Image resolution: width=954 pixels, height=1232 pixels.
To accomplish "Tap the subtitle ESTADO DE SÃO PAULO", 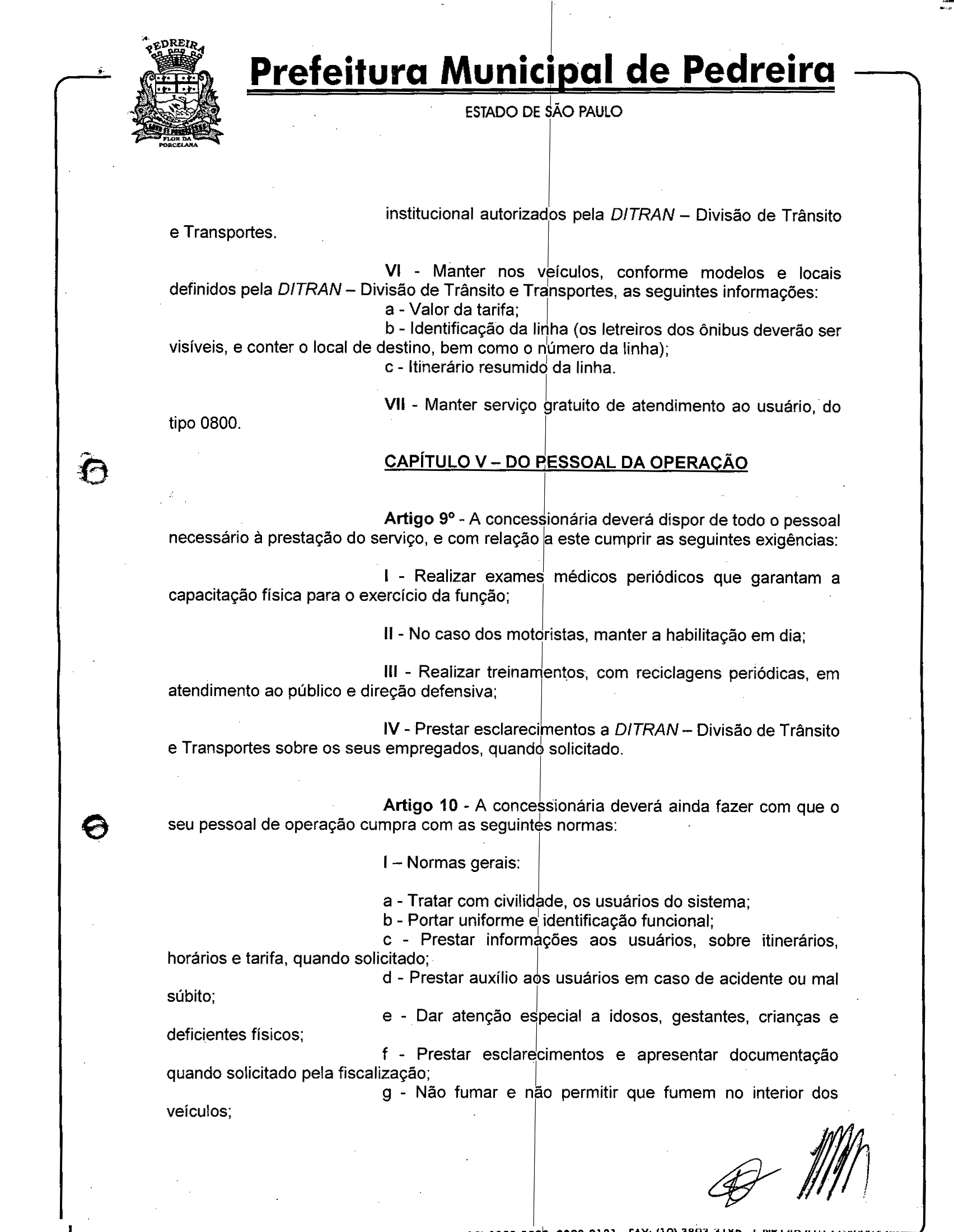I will [543, 111].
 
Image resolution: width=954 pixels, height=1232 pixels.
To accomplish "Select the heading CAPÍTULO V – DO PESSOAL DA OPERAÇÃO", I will [565, 462].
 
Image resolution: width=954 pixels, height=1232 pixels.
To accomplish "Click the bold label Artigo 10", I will [420, 805].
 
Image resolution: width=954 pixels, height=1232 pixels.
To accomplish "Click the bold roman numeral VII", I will [395, 404].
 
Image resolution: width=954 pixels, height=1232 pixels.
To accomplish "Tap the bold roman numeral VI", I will [393, 271].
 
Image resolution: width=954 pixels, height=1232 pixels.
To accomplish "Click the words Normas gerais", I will [462, 862].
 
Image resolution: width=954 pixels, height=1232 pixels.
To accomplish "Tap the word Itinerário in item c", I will [441, 368].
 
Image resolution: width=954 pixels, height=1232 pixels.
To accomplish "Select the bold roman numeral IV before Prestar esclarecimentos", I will [392, 729].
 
